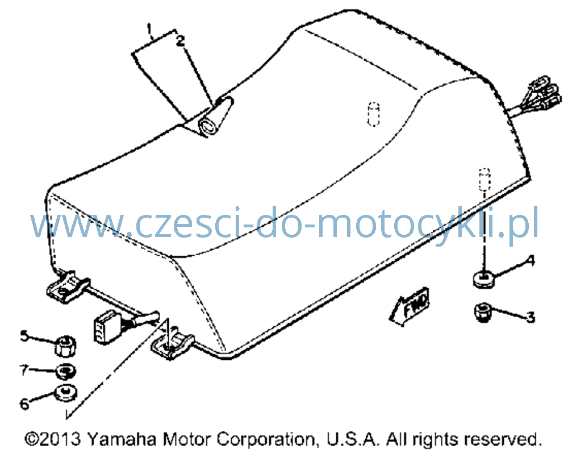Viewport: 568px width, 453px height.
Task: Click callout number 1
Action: [x=149, y=30]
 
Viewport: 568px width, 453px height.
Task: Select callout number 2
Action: [x=181, y=40]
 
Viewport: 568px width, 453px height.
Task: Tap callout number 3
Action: [x=531, y=317]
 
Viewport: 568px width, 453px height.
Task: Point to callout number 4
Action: [x=531, y=260]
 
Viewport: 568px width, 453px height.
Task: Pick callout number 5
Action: [x=24, y=336]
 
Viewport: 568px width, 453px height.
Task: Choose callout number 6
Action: [x=24, y=404]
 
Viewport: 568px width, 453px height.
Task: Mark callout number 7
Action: [x=24, y=370]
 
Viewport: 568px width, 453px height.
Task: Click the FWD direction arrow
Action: [x=410, y=306]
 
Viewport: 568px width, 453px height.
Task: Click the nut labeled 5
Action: [x=65, y=346]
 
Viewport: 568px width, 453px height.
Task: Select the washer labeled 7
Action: [x=65, y=371]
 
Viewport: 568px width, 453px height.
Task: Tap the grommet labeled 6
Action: [x=65, y=393]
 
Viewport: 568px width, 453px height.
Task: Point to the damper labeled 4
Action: [x=483, y=280]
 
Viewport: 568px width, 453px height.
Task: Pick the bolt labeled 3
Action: [x=483, y=313]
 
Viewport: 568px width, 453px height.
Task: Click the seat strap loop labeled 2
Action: [x=215, y=118]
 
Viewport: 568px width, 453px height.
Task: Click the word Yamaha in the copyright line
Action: [x=122, y=439]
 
